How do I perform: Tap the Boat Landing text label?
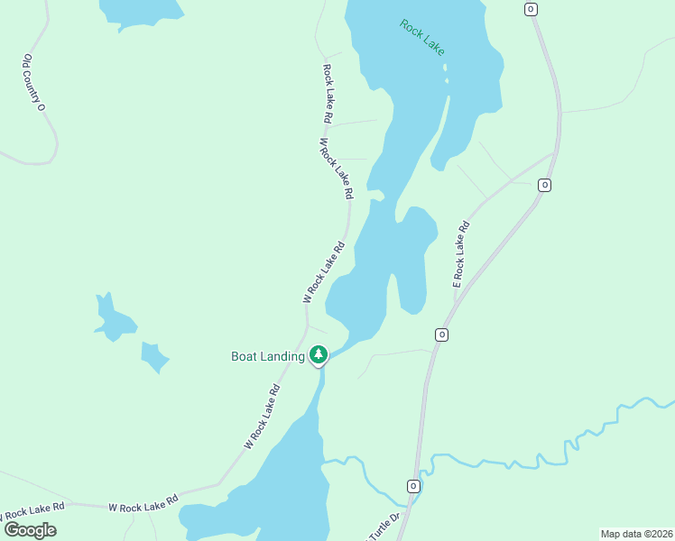(x=268, y=356)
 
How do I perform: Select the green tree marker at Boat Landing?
(x=318, y=355)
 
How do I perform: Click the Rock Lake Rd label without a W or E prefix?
(x=328, y=93)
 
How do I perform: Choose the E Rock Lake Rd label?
(x=460, y=254)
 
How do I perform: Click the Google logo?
(x=30, y=529)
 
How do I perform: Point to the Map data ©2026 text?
(x=636, y=534)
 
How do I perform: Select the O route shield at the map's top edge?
(x=531, y=8)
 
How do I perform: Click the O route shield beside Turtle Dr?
(x=413, y=486)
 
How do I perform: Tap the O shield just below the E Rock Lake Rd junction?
(x=544, y=185)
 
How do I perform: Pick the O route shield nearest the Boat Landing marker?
(x=441, y=335)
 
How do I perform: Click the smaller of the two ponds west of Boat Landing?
(x=154, y=357)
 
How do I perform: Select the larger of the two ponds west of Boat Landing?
(x=114, y=317)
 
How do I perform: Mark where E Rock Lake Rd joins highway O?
(x=552, y=155)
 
